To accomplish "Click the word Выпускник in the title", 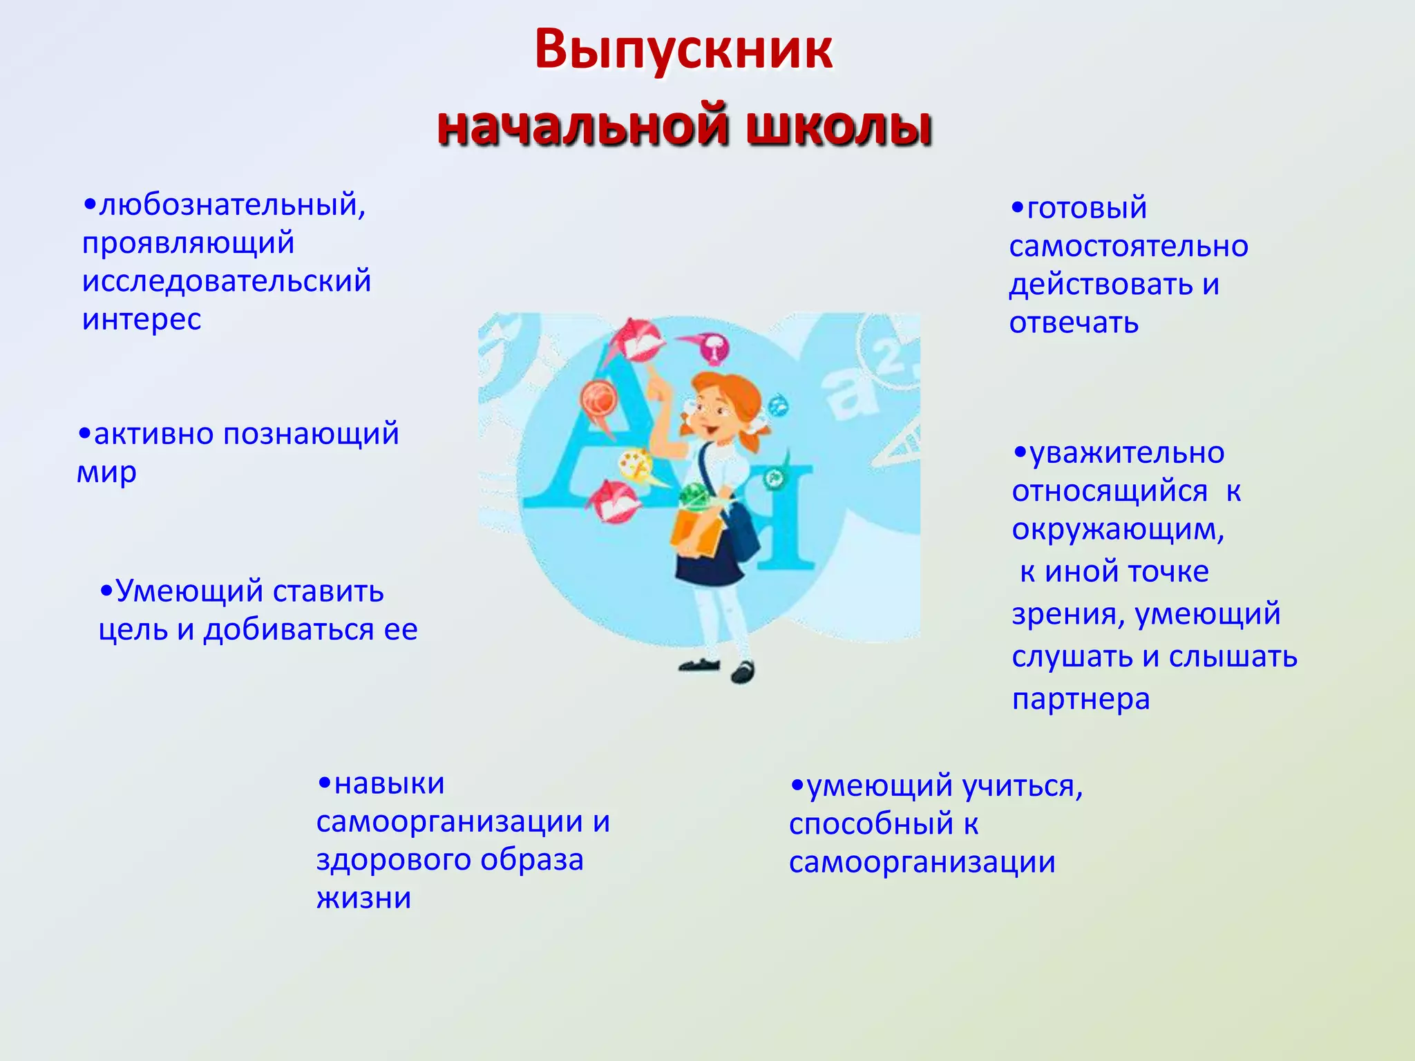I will pyautogui.click(x=683, y=50).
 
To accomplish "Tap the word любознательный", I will pyautogui.click(x=231, y=206).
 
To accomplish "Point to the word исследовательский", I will pyautogui.click(x=227, y=282).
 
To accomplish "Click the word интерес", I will pyautogui.click(x=142, y=320).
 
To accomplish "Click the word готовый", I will pyautogui.click(x=1086, y=209).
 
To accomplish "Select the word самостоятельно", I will pyautogui.click(x=1128, y=247).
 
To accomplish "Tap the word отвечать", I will pyautogui.click(x=1074, y=323).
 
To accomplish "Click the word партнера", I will pyautogui.click(x=1081, y=700).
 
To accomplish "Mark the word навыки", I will pyautogui.click(x=389, y=784).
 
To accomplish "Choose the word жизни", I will pyautogui.click(x=364, y=899).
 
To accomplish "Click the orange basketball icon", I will pyautogui.click(x=598, y=400).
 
